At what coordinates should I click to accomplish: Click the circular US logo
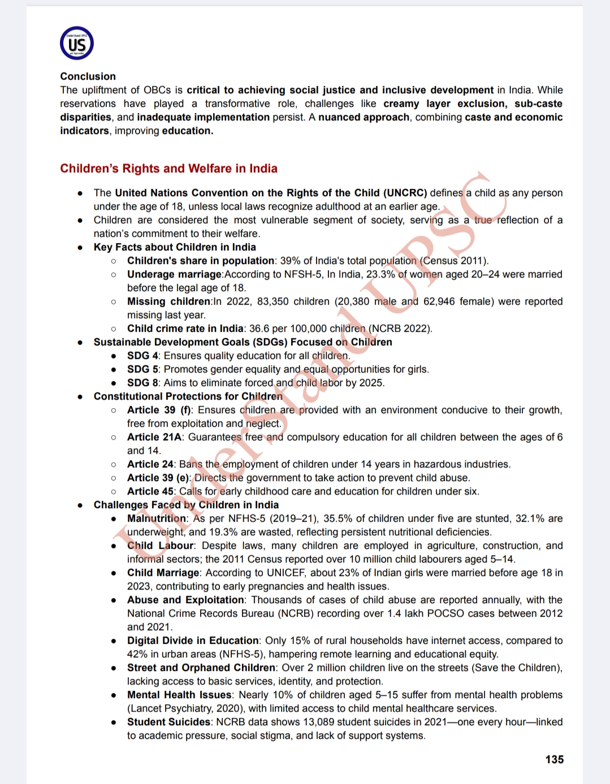(x=77, y=44)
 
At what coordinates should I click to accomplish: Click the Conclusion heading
(x=88, y=76)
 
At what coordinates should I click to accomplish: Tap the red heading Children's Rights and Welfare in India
(x=168, y=168)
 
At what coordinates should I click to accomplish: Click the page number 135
(x=554, y=759)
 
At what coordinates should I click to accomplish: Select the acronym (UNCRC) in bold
(x=405, y=193)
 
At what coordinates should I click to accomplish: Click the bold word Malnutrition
(x=156, y=518)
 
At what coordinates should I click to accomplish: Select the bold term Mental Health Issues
(x=179, y=695)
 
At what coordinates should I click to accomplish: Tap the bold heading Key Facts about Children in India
(x=175, y=247)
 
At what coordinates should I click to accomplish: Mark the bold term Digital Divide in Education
(x=193, y=640)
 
